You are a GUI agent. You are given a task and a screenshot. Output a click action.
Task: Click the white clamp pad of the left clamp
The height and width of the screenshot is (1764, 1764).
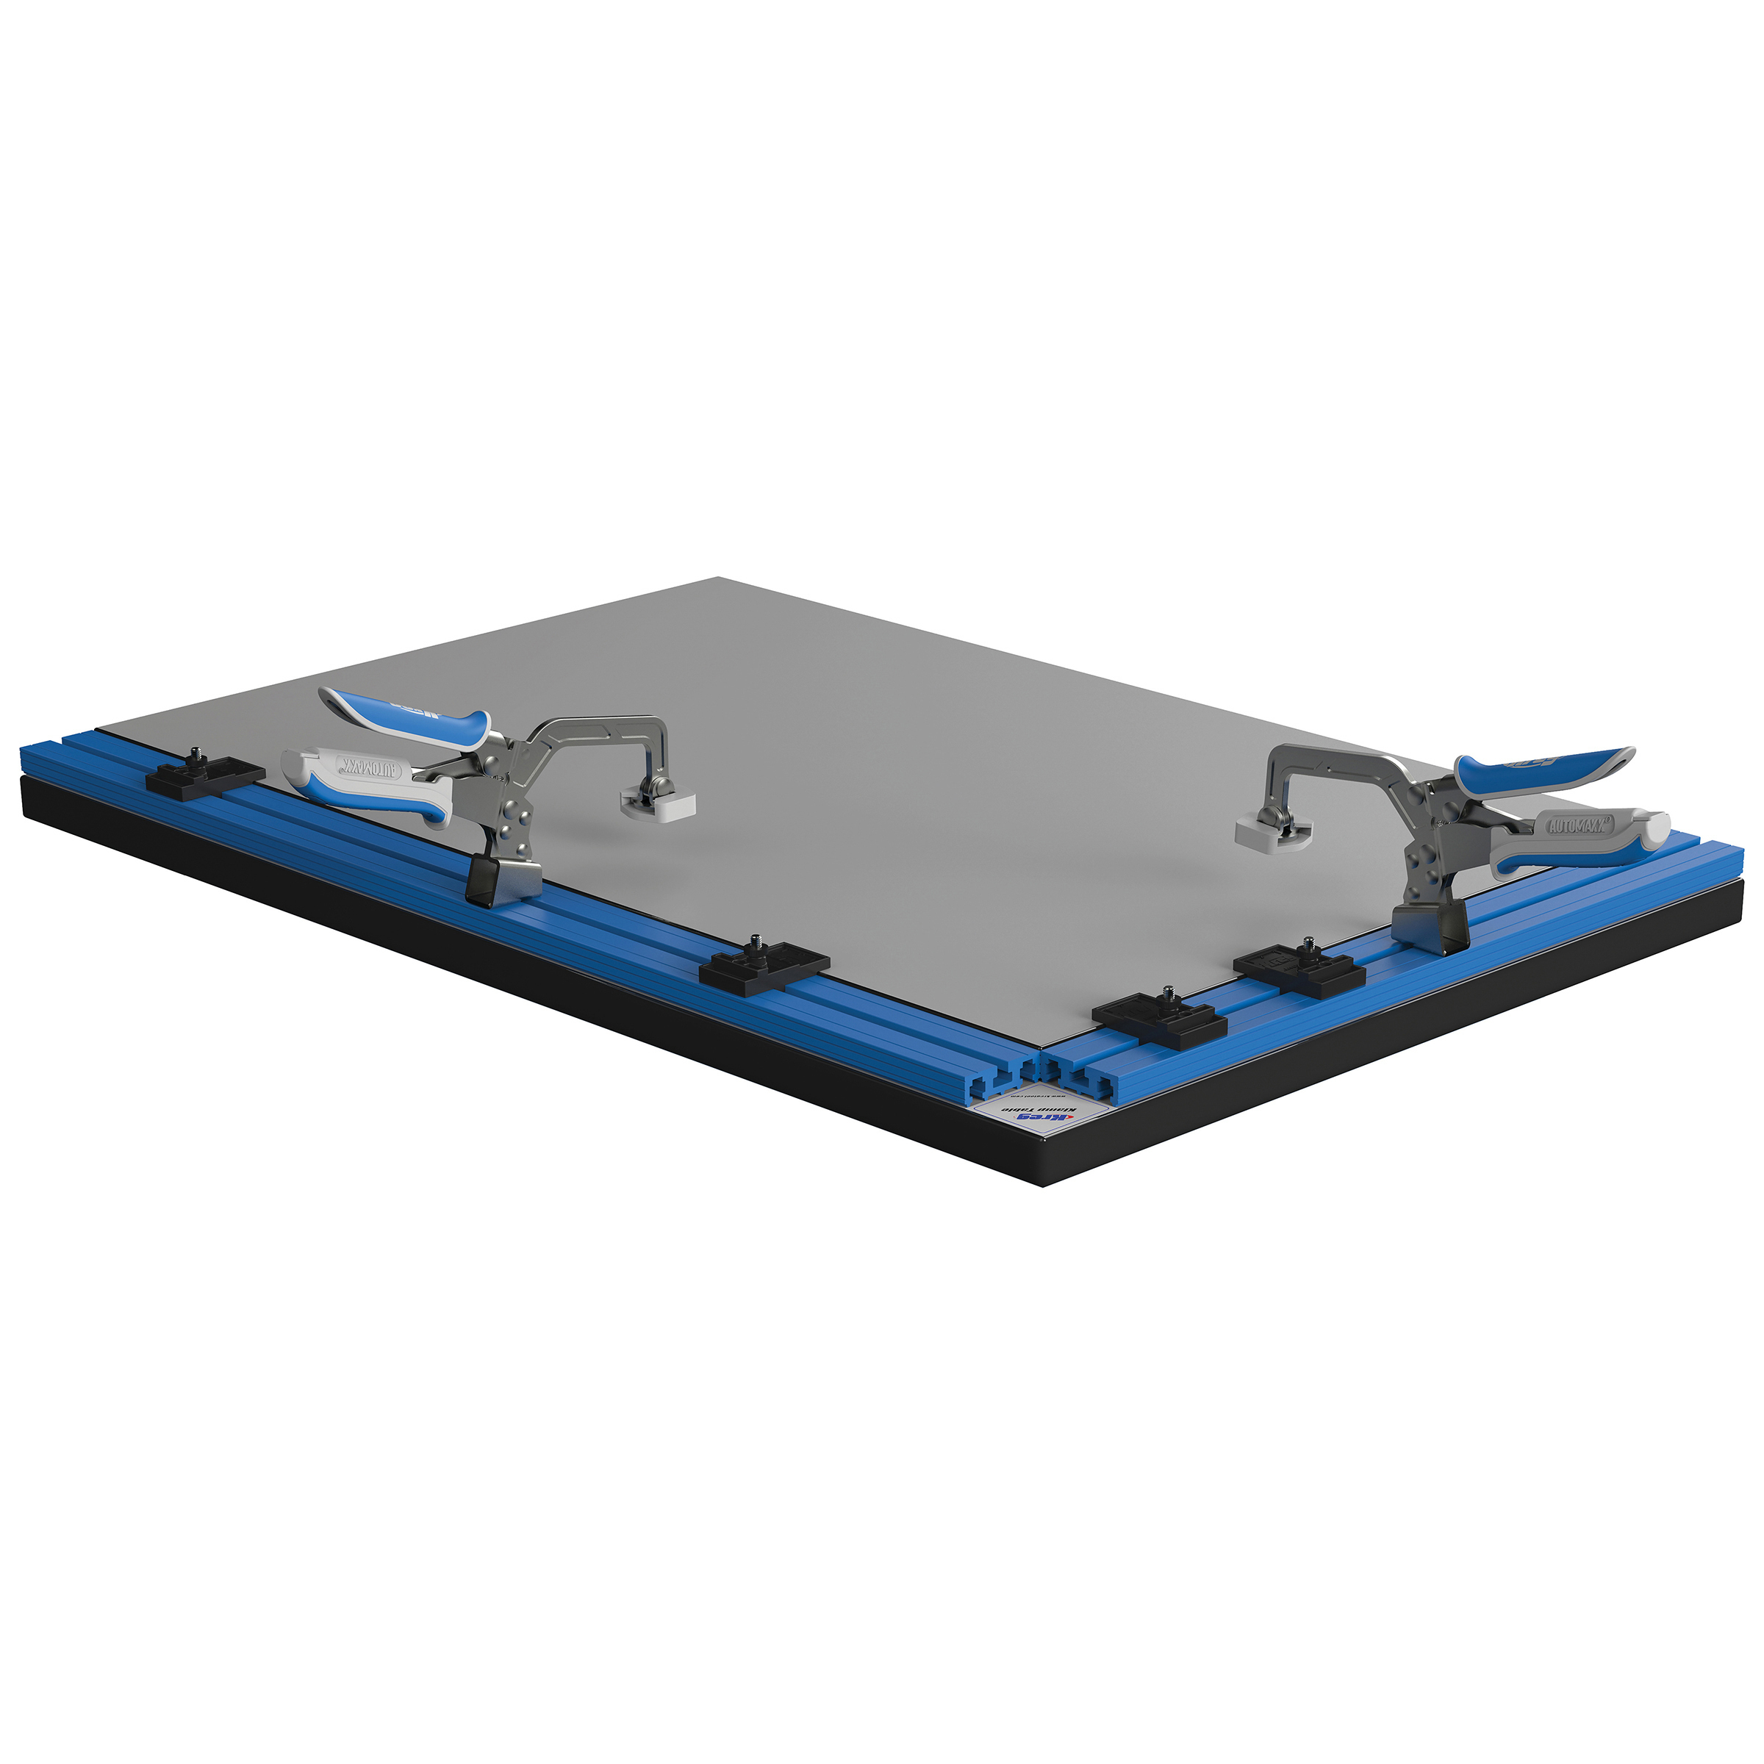[657, 804]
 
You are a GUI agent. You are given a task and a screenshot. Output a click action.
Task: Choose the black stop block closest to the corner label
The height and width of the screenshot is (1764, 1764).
[1158, 1017]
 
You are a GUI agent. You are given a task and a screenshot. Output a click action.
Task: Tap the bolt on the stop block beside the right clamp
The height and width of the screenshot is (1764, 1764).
[1308, 945]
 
